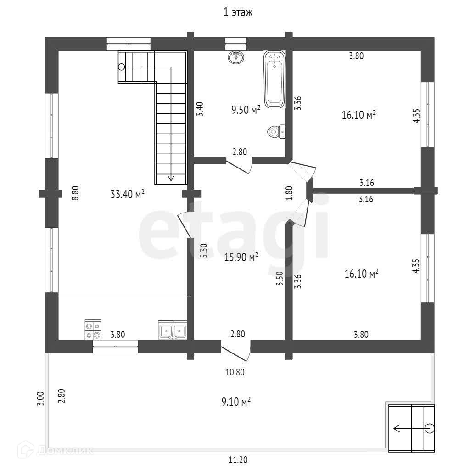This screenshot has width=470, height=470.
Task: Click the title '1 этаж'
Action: pyautogui.click(x=238, y=13)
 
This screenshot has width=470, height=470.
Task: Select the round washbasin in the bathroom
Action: pyautogui.click(x=236, y=57)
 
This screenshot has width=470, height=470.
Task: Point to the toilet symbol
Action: pyautogui.click(x=275, y=132)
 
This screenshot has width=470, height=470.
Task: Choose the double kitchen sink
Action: pyautogui.click(x=172, y=330)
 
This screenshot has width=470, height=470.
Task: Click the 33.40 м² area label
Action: pyautogui.click(x=128, y=194)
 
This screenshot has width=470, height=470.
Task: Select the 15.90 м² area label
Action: pyautogui.click(x=241, y=257)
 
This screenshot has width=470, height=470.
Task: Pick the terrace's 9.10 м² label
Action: pyautogui.click(x=236, y=402)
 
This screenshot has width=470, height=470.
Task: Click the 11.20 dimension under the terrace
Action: pyautogui.click(x=237, y=459)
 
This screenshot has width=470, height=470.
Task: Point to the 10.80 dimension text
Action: pyautogui.click(x=234, y=372)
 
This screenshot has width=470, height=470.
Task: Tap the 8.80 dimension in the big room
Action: pyautogui.click(x=76, y=192)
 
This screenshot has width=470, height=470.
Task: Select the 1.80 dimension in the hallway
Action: pyautogui.click(x=289, y=192)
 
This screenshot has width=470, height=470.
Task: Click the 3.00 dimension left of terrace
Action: pyautogui.click(x=40, y=398)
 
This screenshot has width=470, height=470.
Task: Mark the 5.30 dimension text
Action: pyautogui.click(x=204, y=250)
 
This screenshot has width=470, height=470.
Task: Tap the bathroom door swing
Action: pyautogui.click(x=240, y=166)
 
